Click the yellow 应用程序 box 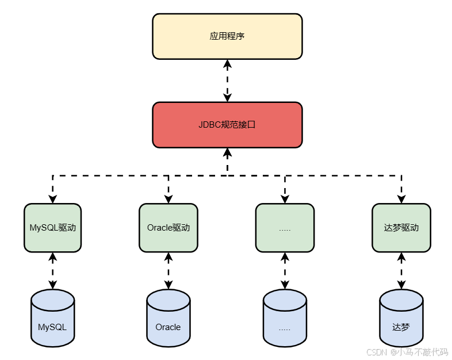click(x=227, y=36)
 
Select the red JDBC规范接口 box click(x=227, y=124)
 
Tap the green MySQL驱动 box click(x=53, y=227)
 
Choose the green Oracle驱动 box click(x=168, y=227)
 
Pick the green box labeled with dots click(x=285, y=227)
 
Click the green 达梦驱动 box click(x=401, y=227)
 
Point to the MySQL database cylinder click(x=53, y=319)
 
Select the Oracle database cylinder click(x=168, y=319)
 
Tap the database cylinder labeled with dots click(x=285, y=319)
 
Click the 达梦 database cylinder click(x=401, y=319)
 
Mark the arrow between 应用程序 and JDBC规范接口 click(x=227, y=81)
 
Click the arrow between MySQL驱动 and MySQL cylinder click(x=53, y=270)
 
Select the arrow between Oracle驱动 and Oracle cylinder click(x=168, y=270)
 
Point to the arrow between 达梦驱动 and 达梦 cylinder click(x=401, y=270)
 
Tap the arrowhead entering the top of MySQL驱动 click(x=53, y=199)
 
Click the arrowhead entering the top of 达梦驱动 click(x=401, y=199)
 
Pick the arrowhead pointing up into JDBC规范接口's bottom click(x=227, y=152)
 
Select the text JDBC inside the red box click(x=209, y=124)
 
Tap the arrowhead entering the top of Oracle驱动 click(x=168, y=199)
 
